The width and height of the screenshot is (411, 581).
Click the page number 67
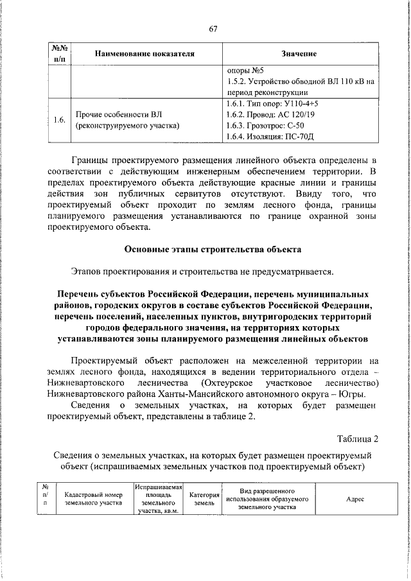click(x=214, y=28)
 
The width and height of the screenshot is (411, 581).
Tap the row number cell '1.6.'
click(x=59, y=120)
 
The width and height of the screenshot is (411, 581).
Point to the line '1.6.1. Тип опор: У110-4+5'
click(x=272, y=103)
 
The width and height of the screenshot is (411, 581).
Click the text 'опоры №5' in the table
click(x=245, y=70)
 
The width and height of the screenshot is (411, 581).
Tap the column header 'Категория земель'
click(x=204, y=499)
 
